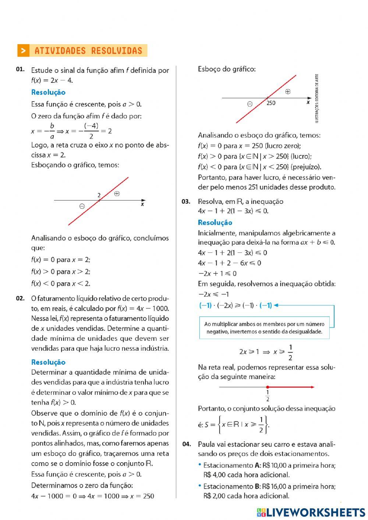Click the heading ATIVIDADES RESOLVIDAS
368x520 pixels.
[x=88, y=51]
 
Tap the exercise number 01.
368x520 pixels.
[x=20, y=69]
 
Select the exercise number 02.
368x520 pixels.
[x=20, y=298]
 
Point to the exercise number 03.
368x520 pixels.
[x=186, y=201]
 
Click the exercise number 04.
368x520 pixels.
[x=187, y=444]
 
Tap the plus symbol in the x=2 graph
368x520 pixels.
[x=117, y=194]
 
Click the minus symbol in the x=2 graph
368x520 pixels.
[x=82, y=206]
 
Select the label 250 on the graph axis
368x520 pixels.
[x=271, y=103]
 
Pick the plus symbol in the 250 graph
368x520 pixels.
[x=288, y=92]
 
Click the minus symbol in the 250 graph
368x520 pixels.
[x=250, y=104]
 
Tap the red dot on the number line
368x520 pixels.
[x=268, y=387]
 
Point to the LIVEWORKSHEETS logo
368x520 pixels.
[x=311, y=512]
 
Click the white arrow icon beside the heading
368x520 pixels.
[x=23, y=51]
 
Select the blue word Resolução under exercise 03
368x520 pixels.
[x=215, y=223]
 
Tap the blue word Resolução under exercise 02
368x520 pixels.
[x=48, y=362]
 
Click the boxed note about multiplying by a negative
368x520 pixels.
[x=264, y=328]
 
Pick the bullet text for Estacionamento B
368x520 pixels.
[x=269, y=491]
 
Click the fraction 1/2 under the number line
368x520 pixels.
[x=268, y=396]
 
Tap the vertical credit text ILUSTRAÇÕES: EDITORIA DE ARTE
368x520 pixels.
[x=317, y=99]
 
